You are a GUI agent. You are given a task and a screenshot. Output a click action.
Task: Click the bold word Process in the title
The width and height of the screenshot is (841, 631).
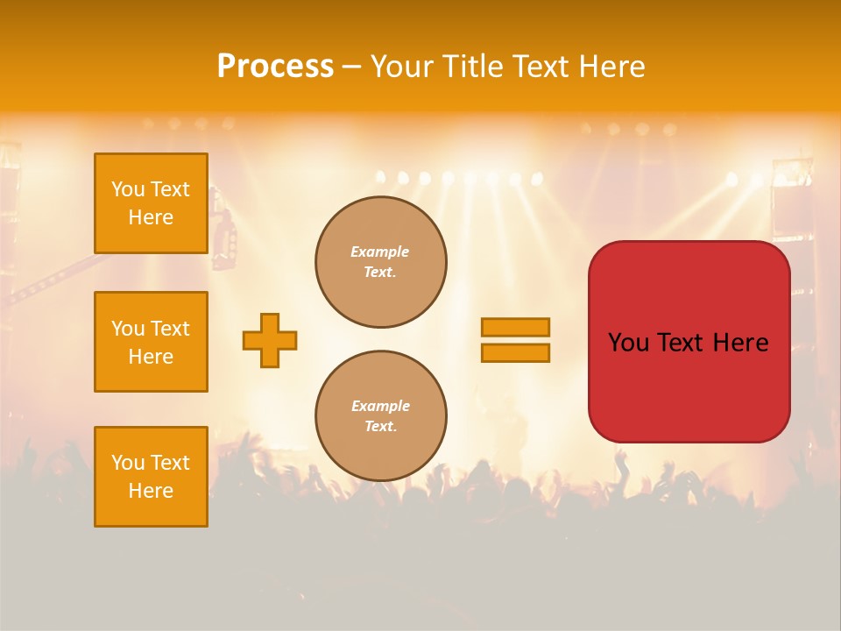[275, 67]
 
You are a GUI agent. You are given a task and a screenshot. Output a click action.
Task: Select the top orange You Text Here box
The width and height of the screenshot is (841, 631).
[151, 203]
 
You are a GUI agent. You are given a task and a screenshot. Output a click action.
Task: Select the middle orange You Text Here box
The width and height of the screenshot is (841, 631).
[151, 342]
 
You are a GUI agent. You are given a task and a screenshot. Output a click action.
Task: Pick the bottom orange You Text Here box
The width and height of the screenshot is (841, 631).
[151, 477]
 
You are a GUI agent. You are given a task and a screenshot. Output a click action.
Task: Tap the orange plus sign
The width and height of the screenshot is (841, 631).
[270, 340]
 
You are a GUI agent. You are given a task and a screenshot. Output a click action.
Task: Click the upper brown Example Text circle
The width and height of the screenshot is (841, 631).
[380, 262]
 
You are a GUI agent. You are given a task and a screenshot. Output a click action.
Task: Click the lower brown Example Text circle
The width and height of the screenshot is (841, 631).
[380, 416]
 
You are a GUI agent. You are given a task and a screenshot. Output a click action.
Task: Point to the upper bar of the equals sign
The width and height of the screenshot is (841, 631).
[515, 327]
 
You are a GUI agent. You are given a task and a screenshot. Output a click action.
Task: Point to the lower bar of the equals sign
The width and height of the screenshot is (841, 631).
[515, 352]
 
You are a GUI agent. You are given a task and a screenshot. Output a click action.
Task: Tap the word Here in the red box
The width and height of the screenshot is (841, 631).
[740, 343]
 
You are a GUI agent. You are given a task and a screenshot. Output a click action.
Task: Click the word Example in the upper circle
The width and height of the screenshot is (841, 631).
[379, 252]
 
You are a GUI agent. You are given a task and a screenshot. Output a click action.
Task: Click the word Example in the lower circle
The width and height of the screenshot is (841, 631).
[380, 406]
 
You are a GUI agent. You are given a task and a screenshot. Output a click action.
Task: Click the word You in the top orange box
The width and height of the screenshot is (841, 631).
[127, 189]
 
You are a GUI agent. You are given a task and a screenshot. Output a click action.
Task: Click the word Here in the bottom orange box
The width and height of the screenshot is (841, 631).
[151, 491]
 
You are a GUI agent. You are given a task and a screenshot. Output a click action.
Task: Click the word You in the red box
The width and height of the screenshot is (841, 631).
[628, 343]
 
